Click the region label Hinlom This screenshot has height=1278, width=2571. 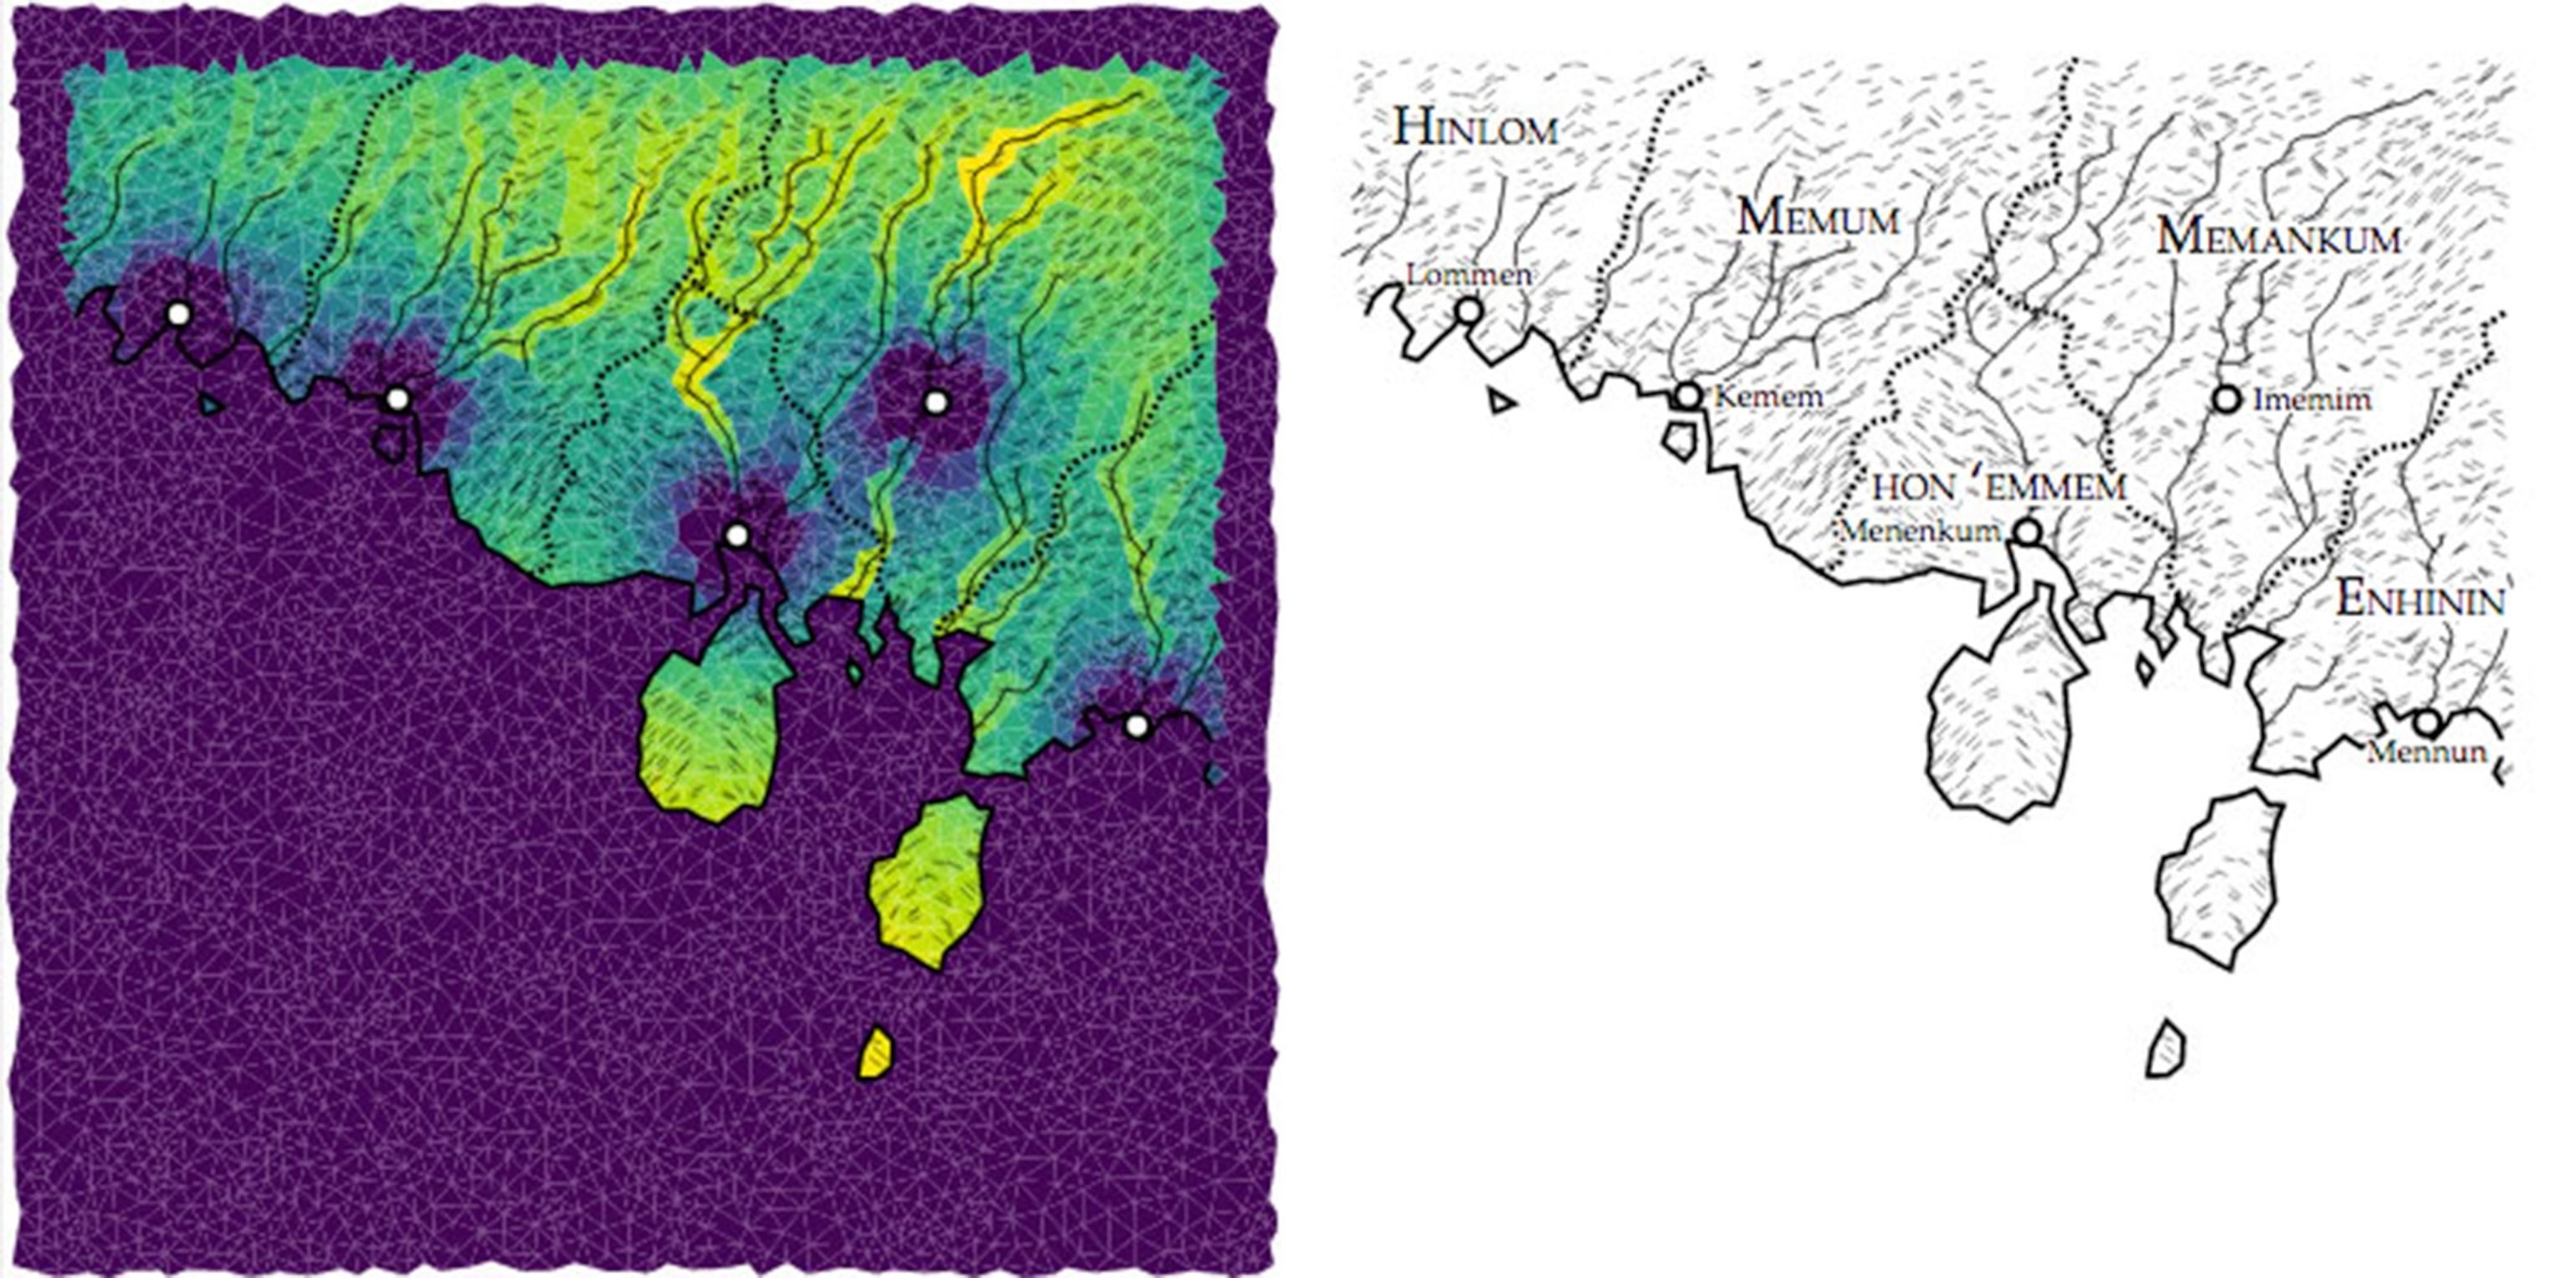(1475, 128)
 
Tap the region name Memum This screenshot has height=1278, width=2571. (1818, 218)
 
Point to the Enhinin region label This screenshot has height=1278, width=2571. (2420, 601)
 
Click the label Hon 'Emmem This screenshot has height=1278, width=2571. (1999, 487)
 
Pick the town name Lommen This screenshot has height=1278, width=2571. (1468, 275)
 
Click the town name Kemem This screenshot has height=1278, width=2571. (1768, 397)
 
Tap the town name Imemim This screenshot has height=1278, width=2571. (2312, 400)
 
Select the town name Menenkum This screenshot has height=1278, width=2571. (1920, 530)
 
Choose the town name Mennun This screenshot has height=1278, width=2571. (2426, 752)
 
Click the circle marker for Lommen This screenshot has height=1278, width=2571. (1468, 311)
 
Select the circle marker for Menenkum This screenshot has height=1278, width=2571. (2027, 531)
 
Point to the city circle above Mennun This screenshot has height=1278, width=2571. (2427, 721)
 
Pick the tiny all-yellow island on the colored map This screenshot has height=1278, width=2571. (875, 1054)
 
